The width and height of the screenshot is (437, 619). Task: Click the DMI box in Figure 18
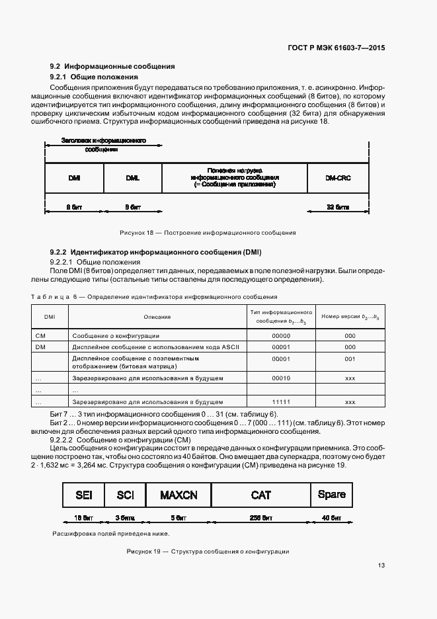[74, 178]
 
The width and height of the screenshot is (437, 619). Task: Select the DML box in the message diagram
[132, 178]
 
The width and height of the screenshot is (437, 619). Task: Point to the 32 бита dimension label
[337, 207]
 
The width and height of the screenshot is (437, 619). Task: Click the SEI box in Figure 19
[84, 495]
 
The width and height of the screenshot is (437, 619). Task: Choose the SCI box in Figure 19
[125, 495]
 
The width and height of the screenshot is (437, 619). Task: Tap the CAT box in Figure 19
[262, 495]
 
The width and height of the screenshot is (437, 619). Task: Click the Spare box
[331, 495]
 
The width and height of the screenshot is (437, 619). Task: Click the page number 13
[381, 565]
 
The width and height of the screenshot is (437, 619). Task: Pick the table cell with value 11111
[282, 401]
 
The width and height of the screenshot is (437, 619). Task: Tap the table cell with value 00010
[282, 378]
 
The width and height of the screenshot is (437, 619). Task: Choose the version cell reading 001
[350, 358]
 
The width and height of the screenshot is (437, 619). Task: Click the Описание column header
[157, 317]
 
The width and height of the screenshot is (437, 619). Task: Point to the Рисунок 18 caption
[207, 233]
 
